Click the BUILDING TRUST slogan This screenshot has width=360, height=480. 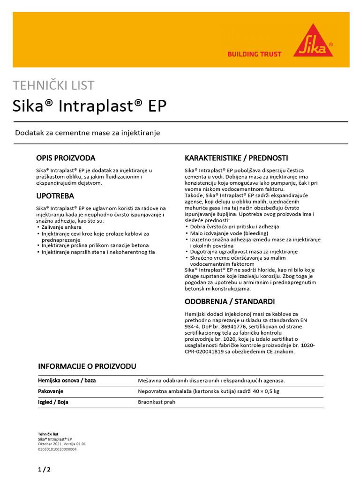(255, 54)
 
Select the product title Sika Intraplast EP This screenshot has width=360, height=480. (89, 105)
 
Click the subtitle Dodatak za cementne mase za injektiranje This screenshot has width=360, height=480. (88, 133)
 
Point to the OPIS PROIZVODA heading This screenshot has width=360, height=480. (66, 158)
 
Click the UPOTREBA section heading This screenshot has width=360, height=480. (55, 196)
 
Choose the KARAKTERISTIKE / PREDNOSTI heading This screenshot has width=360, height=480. (236, 158)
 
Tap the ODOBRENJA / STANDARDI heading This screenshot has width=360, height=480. (230, 301)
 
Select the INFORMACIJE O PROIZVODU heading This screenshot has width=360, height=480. (87, 366)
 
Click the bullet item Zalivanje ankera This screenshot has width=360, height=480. (61, 227)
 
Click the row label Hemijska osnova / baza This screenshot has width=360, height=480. (67, 381)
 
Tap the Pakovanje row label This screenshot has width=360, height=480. (51, 391)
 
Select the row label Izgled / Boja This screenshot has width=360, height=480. (53, 402)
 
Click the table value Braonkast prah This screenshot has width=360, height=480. (156, 402)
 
